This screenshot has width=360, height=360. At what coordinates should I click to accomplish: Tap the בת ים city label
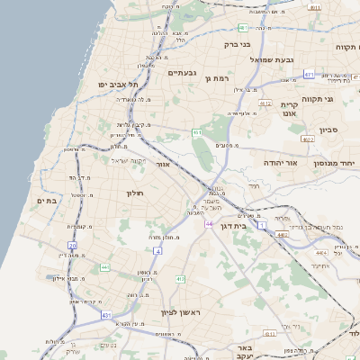click(x=45, y=201)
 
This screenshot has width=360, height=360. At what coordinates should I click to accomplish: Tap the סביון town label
click(x=328, y=130)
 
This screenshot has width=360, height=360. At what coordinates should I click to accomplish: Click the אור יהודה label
click(x=280, y=163)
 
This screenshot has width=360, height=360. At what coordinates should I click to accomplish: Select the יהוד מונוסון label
click(x=335, y=164)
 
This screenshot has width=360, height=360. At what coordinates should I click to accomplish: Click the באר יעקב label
click(x=242, y=352)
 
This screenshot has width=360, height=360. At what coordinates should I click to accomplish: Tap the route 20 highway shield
click(x=72, y=245)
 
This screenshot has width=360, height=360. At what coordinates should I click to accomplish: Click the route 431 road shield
click(x=106, y=316)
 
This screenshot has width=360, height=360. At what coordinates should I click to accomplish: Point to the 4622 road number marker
click(x=308, y=139)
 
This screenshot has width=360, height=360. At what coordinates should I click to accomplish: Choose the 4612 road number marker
click(x=265, y=103)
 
